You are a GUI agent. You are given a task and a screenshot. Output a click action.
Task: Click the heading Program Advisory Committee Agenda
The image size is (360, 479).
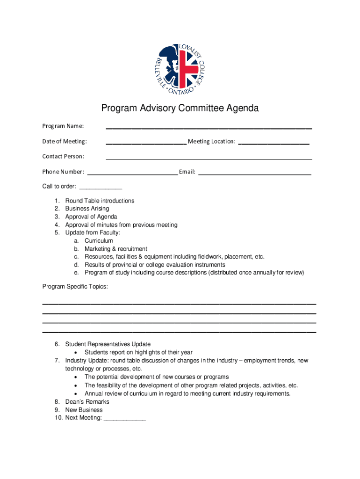[180, 109]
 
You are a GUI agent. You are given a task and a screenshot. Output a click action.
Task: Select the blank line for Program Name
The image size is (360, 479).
[209, 127]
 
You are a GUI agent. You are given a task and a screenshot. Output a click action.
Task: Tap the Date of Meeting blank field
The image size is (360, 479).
[146, 143]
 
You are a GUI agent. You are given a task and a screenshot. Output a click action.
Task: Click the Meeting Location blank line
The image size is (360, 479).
[274, 143]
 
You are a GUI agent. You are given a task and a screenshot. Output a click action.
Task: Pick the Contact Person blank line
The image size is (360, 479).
[209, 159]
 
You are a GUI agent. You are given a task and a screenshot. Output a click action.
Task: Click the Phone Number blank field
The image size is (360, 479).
[133, 174]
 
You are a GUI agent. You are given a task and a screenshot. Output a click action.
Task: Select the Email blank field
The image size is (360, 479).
[255, 174]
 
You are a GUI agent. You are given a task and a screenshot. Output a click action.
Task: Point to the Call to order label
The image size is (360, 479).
[59, 186]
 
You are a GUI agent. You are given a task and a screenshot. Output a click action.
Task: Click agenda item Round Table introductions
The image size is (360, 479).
[100, 201]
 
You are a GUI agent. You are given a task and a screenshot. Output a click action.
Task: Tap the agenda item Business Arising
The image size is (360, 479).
[87, 209]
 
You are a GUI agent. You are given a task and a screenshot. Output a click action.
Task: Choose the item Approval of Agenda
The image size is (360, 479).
[91, 217]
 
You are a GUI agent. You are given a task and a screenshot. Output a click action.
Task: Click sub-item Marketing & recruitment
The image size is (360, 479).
[115, 249]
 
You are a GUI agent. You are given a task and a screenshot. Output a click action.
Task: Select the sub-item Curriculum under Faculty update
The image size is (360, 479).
[99, 240]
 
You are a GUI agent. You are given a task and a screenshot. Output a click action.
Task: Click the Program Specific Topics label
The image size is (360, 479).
[75, 286]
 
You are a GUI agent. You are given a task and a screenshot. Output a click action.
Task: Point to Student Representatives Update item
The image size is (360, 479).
[108, 344]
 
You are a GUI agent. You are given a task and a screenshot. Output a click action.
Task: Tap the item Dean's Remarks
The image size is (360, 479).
[87, 402]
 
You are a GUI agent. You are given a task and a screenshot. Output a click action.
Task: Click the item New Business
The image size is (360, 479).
[84, 410]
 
